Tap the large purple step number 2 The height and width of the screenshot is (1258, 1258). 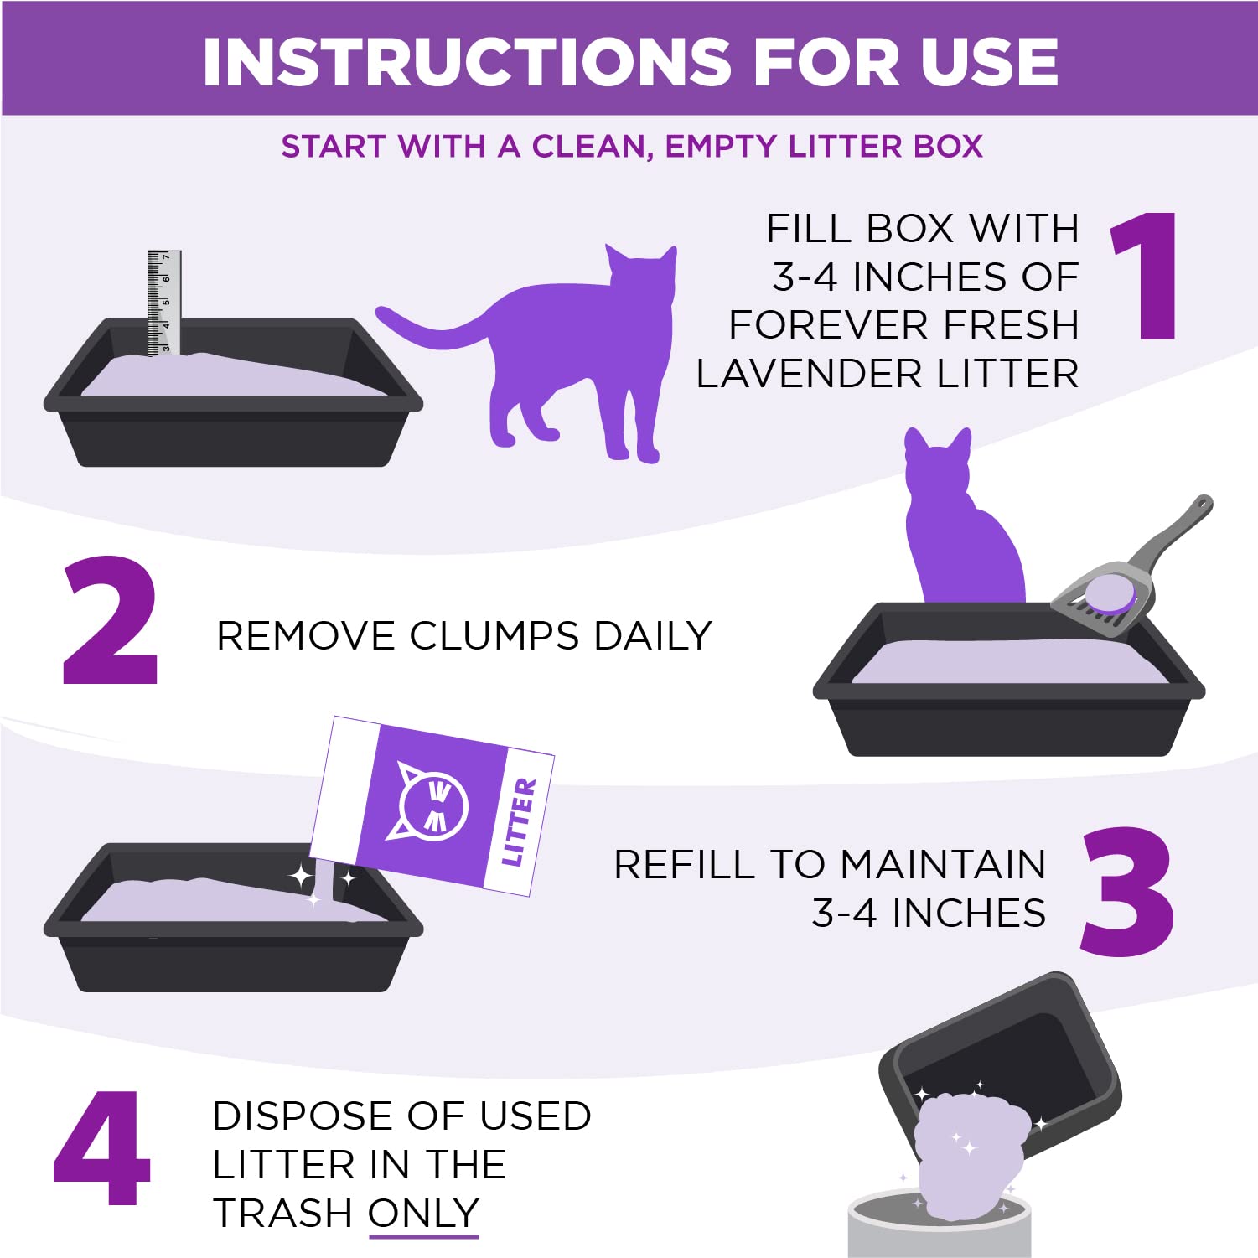tap(110, 621)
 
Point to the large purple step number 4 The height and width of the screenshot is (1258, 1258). tap(102, 1147)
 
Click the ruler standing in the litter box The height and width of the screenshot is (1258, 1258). tap(163, 303)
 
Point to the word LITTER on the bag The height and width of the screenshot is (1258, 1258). tap(518, 821)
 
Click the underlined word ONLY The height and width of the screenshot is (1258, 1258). tap(423, 1214)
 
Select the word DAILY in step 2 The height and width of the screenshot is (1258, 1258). tap(653, 636)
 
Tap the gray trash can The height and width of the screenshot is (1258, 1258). tap(939, 1228)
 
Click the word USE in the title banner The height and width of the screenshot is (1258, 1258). tap(989, 62)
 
